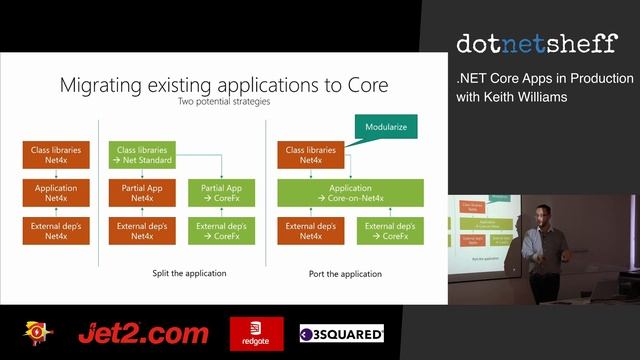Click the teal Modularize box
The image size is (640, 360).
[385, 127]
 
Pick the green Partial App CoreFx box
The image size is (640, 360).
[220, 192]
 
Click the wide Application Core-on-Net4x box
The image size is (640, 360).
[350, 192]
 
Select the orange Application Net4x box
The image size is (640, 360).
[56, 192]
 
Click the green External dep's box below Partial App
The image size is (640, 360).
[220, 231]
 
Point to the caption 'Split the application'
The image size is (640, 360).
[189, 273]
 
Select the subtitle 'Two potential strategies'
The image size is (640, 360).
[223, 101]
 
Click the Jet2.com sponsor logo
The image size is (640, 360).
[143, 333]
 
